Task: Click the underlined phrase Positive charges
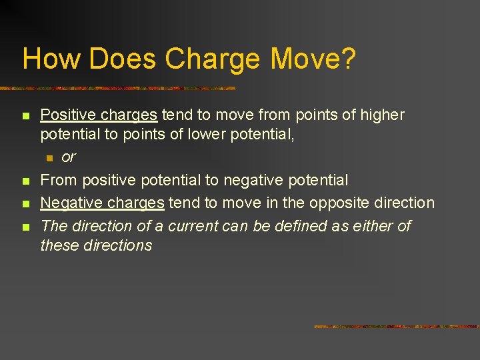click(x=99, y=115)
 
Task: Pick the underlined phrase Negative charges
click(x=102, y=203)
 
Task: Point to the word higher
click(x=382, y=115)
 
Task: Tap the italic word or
click(x=68, y=157)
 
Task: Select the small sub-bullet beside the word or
click(x=49, y=158)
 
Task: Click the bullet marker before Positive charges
click(x=26, y=116)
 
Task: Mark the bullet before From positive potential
click(x=26, y=181)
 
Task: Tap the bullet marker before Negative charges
click(x=26, y=204)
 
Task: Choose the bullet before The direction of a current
click(x=26, y=227)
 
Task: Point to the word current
click(x=195, y=227)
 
